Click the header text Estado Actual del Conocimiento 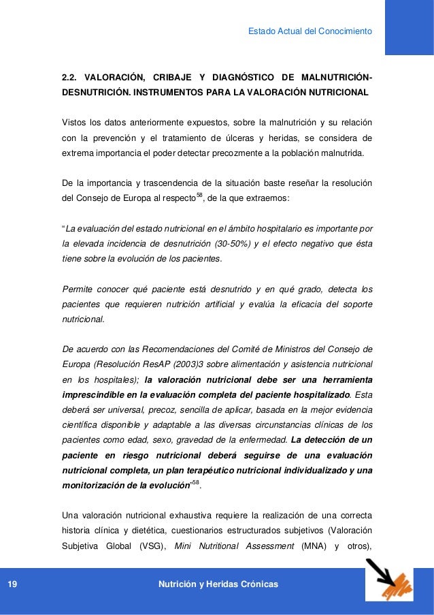310,30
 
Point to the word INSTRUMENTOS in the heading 170,91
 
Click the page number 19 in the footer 13,585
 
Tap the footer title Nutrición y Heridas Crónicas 217,585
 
